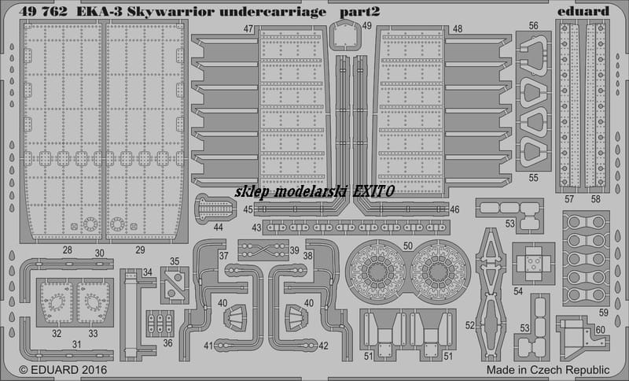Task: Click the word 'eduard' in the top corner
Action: point(583,11)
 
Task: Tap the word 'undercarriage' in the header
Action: point(273,12)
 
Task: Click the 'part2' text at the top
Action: point(359,13)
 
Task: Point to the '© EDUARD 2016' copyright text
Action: point(63,369)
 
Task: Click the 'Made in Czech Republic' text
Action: point(548,369)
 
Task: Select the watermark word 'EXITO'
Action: point(373,191)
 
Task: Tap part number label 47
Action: point(248,29)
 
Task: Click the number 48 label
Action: point(458,29)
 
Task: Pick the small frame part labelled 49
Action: point(345,35)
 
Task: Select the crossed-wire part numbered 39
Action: point(263,250)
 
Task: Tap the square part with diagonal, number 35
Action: point(175,285)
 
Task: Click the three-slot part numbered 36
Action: point(160,324)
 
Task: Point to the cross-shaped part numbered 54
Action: point(534,264)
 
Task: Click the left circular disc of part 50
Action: point(377,271)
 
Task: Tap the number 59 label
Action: point(603,313)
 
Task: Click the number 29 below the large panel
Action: point(140,250)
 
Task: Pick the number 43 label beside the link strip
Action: point(257,227)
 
